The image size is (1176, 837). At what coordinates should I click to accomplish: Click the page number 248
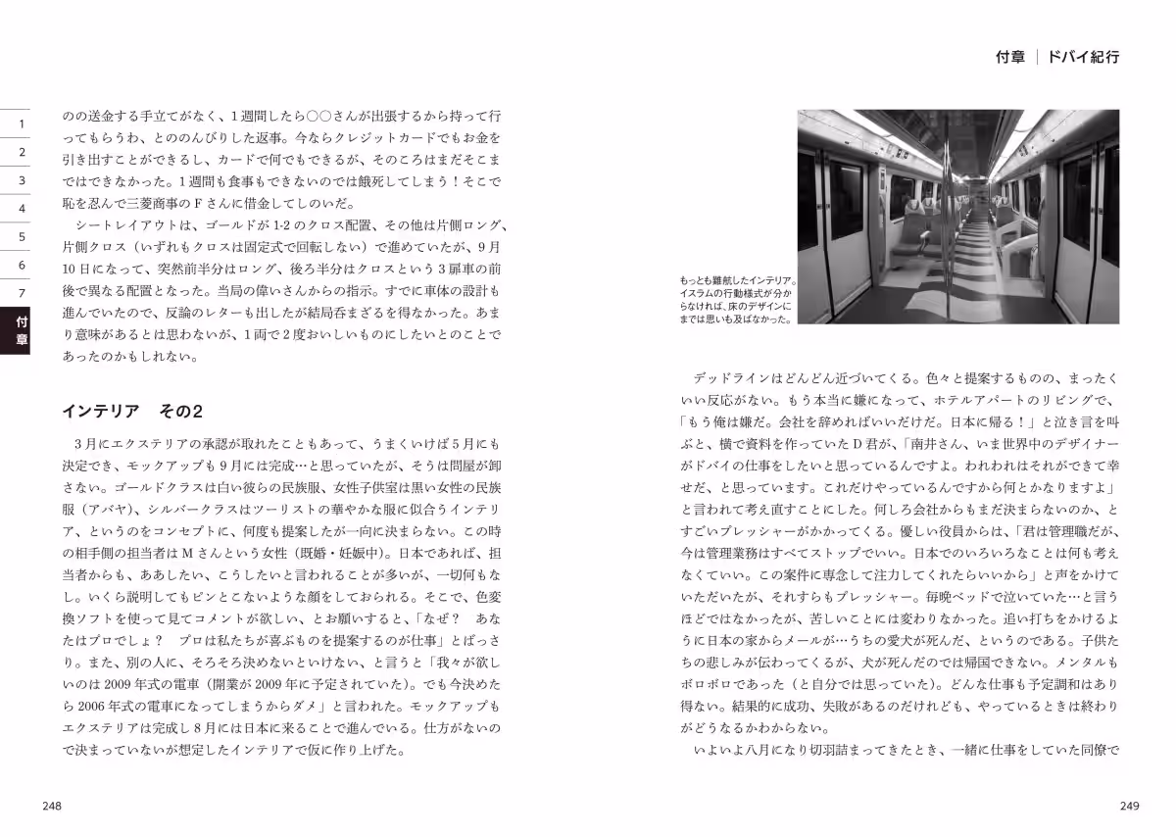click(x=52, y=806)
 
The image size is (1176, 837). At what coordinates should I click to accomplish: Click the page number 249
click(x=1129, y=806)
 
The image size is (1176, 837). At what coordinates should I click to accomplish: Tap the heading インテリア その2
click(x=131, y=409)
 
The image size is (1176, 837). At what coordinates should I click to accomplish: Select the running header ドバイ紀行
click(x=1083, y=57)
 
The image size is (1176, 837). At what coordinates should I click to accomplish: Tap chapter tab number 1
click(x=21, y=124)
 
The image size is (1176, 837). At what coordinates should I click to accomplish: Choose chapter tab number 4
click(x=21, y=209)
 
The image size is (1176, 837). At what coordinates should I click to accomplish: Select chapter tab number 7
click(x=21, y=292)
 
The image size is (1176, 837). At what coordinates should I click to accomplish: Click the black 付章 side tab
click(x=21, y=331)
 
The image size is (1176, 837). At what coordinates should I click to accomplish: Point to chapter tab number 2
click(x=21, y=153)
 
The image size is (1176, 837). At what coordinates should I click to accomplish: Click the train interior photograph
click(x=957, y=216)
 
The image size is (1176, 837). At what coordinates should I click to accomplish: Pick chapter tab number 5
click(x=21, y=236)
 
